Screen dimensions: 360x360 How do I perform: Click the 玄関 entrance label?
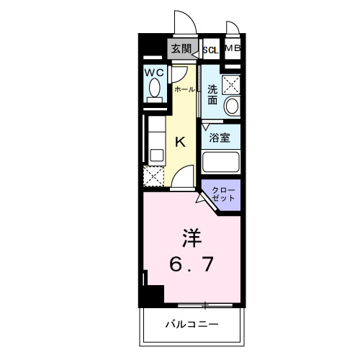(181, 49)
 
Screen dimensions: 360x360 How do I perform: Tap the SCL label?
(211, 50)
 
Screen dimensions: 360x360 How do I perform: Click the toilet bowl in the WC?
(153, 89)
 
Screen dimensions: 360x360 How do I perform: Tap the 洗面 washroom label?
(212, 95)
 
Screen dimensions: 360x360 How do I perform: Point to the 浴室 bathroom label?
(220, 137)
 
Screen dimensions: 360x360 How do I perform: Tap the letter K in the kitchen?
(181, 142)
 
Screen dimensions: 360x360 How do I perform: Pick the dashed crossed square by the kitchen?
(153, 175)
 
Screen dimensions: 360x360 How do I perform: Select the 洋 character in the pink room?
(189, 237)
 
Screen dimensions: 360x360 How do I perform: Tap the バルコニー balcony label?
(190, 324)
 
